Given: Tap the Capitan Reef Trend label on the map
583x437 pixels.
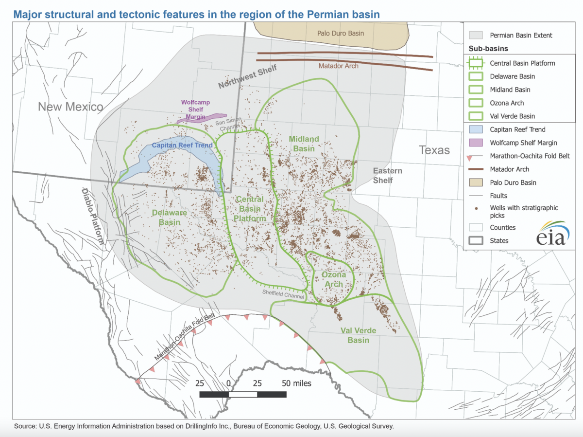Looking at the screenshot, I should click(182, 146).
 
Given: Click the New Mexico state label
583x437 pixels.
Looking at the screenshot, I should click(71, 107).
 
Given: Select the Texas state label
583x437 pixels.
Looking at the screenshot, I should click(435, 150).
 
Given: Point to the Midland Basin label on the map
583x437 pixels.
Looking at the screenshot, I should click(304, 144).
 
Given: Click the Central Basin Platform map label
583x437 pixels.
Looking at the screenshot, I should click(250, 209).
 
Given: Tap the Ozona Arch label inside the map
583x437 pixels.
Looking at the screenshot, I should click(332, 280).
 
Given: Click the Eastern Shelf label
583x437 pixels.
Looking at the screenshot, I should click(387, 176).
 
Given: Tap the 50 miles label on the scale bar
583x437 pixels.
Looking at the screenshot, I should click(296, 383).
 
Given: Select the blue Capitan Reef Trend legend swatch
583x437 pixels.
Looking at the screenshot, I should click(476, 129).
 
